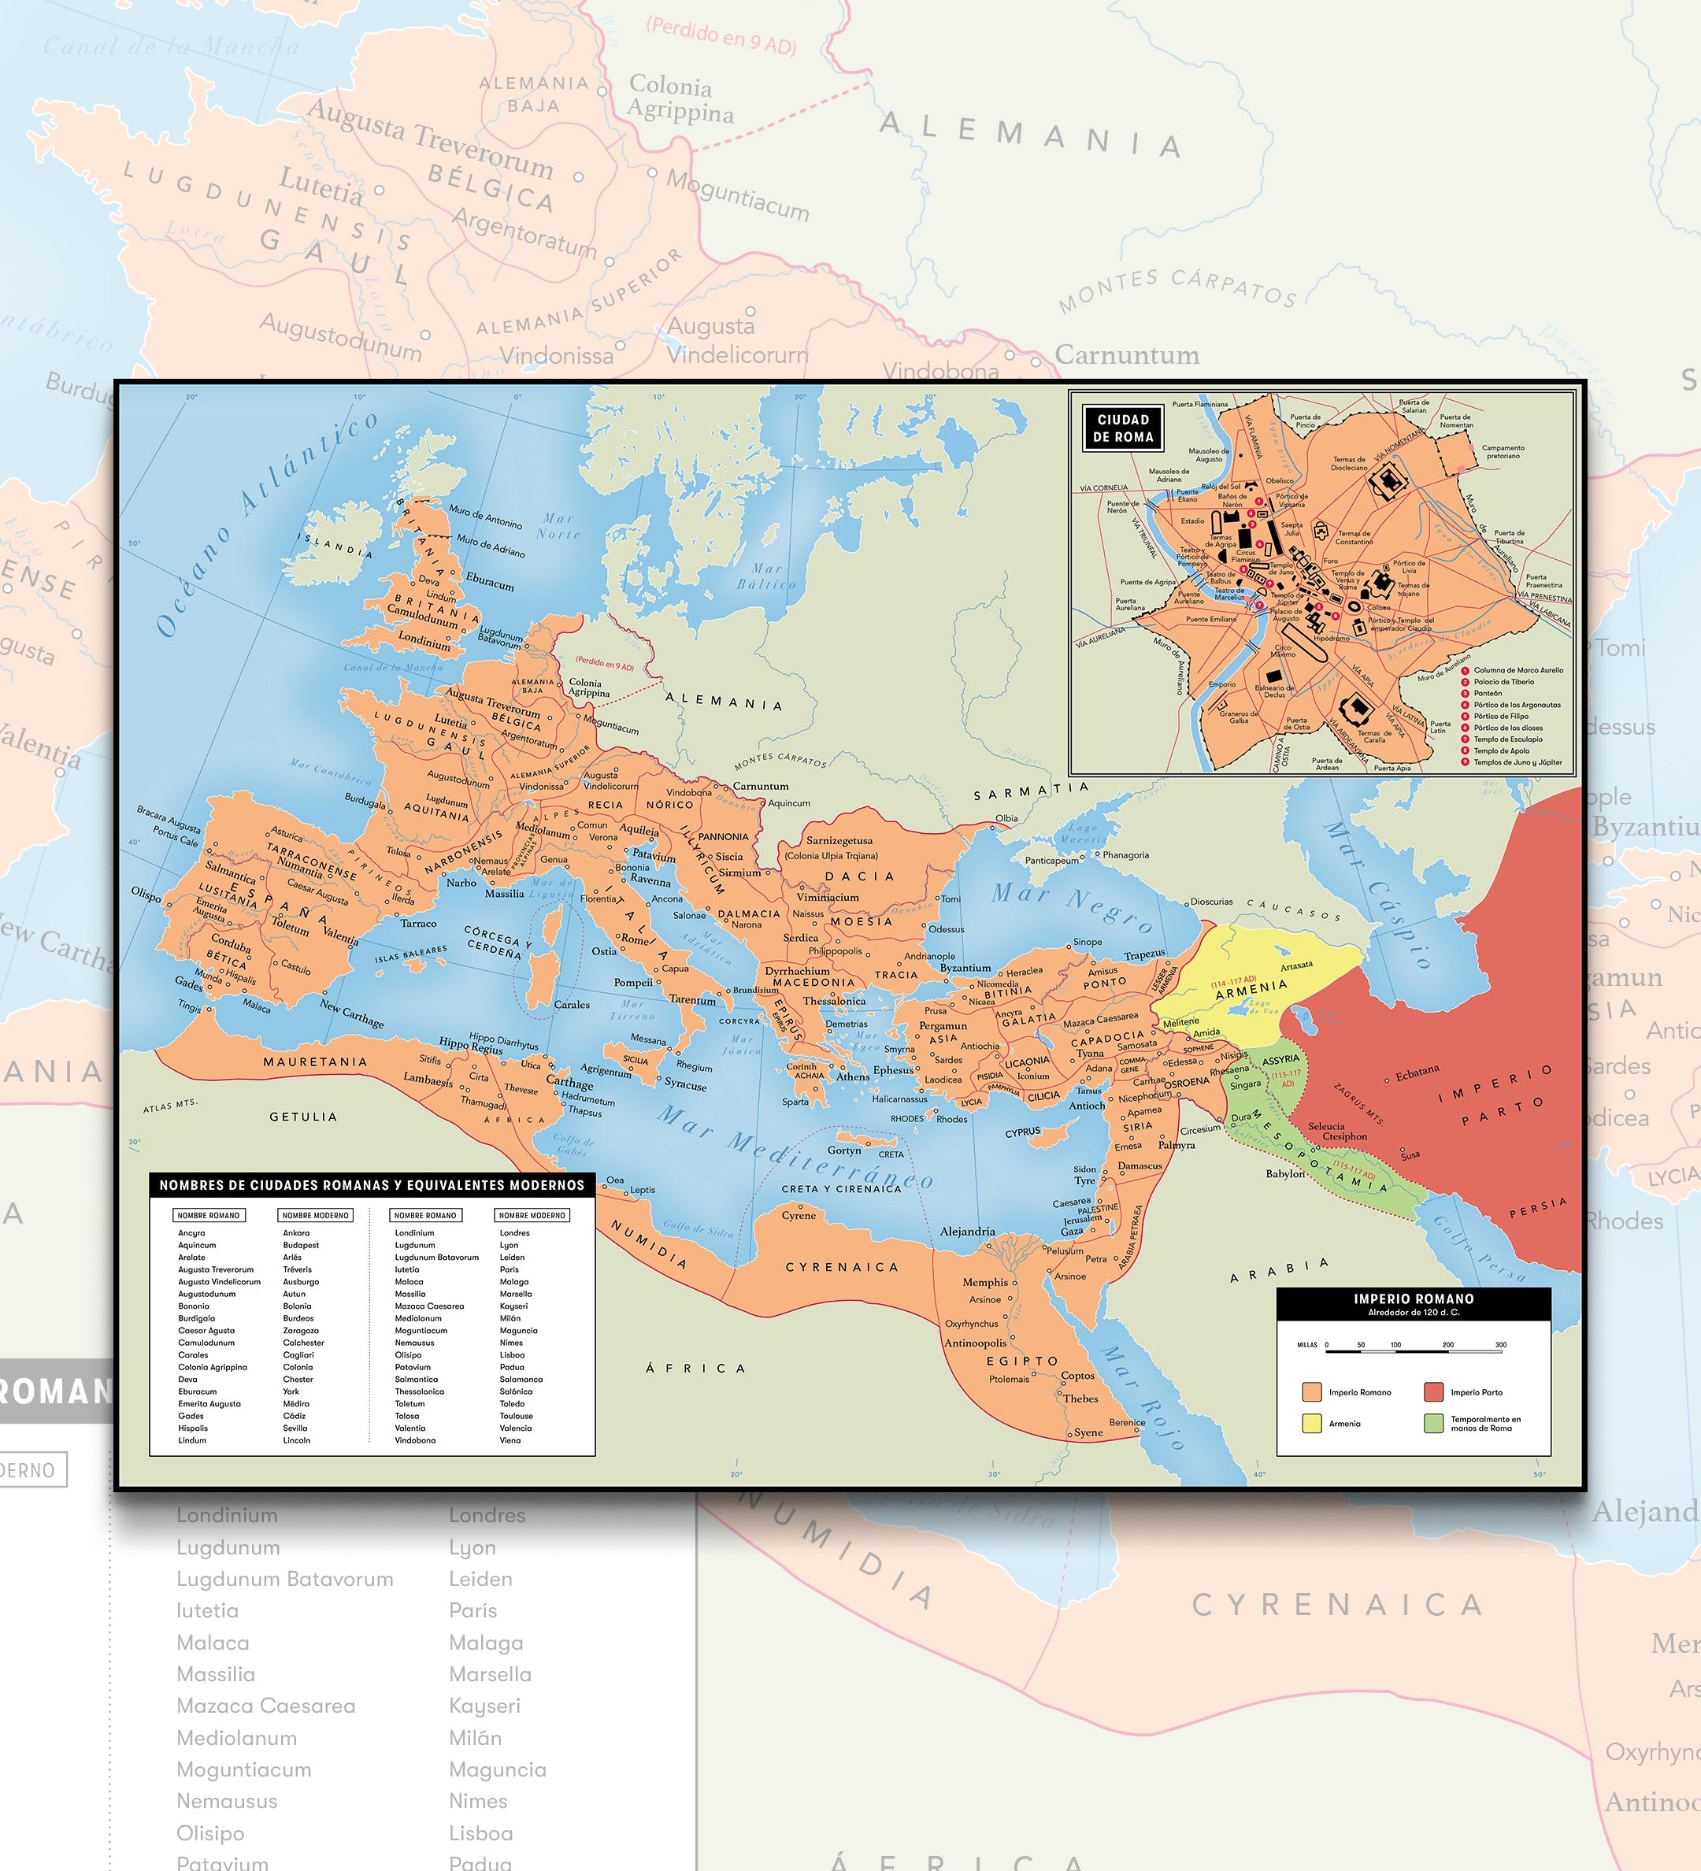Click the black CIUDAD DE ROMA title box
pyautogui.click(x=1123, y=428)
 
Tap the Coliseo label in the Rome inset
pyautogui.click(x=1378, y=608)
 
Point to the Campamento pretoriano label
pyautogui.click(x=1503, y=451)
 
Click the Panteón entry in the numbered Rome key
pyautogui.click(x=1488, y=693)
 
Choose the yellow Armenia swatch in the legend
pyautogui.click(x=1311, y=1423)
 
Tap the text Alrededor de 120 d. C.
pyautogui.click(x=1414, y=1312)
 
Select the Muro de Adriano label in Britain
pyautogui.click(x=490, y=546)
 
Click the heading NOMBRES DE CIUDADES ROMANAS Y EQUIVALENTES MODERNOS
pyautogui.click(x=371, y=1185)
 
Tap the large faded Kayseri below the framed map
pyautogui.click(x=484, y=1706)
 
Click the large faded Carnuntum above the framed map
pyautogui.click(x=1127, y=354)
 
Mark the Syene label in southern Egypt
pyautogui.click(x=1088, y=1432)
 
